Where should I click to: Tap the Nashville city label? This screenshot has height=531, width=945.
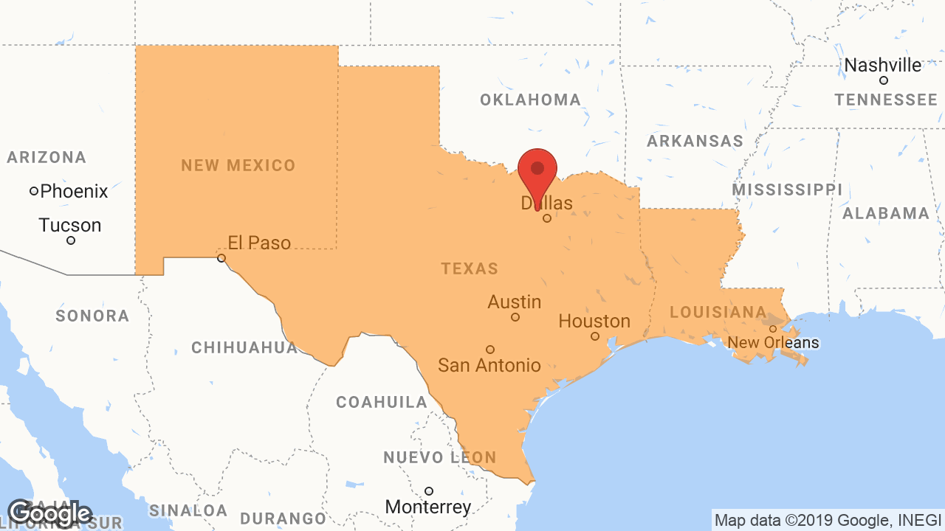click(882, 66)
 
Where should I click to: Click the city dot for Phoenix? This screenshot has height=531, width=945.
click(34, 191)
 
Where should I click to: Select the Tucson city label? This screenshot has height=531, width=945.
click(70, 225)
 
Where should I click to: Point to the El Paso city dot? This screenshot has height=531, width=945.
click(221, 258)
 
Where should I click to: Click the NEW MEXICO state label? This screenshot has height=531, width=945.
click(238, 166)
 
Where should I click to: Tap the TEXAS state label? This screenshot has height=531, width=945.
click(470, 269)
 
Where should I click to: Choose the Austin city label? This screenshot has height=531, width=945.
click(515, 302)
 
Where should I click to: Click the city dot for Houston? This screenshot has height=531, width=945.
click(595, 336)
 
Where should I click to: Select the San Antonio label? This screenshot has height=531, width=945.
click(489, 365)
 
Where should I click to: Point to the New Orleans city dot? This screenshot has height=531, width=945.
click(773, 329)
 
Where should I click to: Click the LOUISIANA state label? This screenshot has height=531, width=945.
click(718, 313)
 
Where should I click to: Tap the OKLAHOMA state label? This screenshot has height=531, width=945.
click(530, 100)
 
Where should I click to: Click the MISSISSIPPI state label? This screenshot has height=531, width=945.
click(787, 190)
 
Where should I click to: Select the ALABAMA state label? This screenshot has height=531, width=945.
click(886, 214)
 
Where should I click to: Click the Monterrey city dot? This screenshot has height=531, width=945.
click(428, 491)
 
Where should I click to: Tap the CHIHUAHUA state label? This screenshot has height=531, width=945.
click(244, 347)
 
